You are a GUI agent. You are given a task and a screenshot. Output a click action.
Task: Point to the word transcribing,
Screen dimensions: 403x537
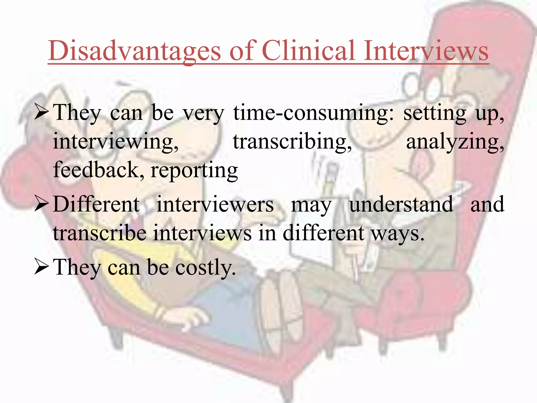click(292, 142)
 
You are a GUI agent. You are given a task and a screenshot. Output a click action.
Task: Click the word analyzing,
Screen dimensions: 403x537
click(455, 142)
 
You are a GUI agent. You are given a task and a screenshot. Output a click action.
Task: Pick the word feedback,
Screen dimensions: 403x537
click(99, 170)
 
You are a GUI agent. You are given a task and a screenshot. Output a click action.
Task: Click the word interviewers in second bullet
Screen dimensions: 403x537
click(215, 204)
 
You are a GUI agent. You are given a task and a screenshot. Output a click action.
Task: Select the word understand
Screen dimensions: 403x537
click(401, 204)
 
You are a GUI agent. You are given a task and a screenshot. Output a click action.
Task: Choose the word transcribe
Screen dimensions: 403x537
click(100, 233)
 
